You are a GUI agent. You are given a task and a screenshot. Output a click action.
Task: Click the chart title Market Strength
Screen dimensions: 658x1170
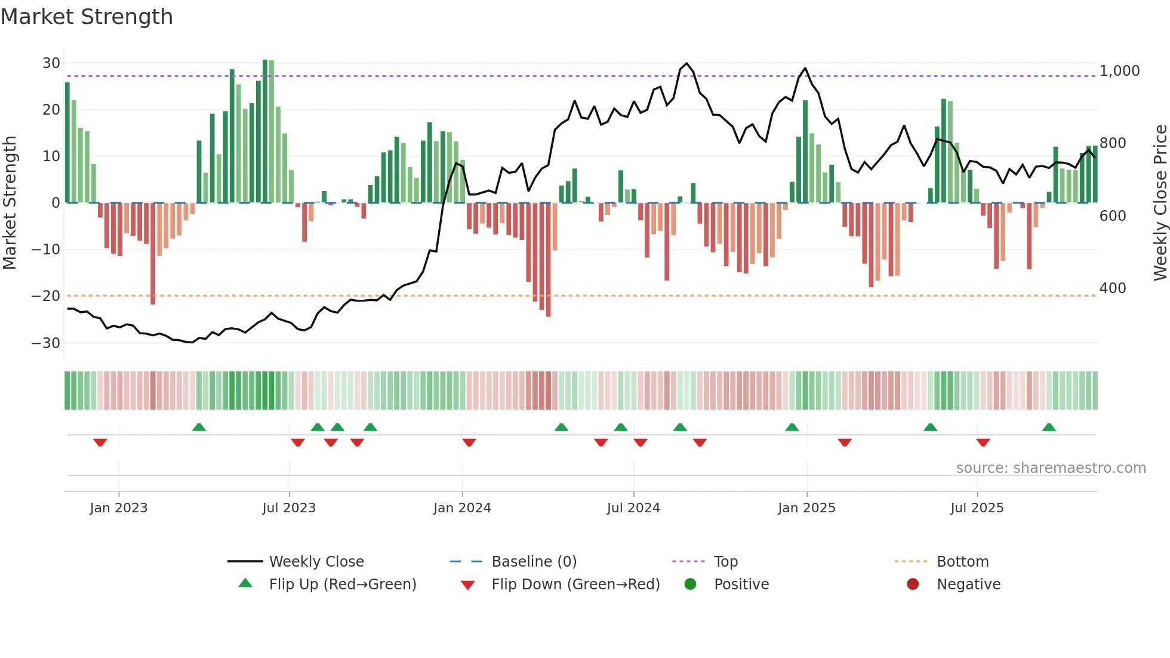coord(87,17)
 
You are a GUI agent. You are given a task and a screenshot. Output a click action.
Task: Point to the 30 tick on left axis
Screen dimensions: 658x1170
coord(51,63)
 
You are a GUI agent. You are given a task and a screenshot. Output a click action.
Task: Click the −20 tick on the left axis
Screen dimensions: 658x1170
coord(46,296)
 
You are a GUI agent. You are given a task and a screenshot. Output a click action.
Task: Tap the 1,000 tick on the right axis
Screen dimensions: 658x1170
coord(1119,71)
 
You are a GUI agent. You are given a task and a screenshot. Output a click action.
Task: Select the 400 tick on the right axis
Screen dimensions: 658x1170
coord(1113,288)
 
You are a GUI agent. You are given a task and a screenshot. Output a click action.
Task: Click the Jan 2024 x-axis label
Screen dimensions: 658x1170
coord(462,508)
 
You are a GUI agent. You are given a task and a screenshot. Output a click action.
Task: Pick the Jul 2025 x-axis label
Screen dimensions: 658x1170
coord(977,508)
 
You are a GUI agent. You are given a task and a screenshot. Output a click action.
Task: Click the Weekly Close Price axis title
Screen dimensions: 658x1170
coord(1160,203)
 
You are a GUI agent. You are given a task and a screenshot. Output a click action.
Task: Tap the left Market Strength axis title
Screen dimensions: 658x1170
coord(10,203)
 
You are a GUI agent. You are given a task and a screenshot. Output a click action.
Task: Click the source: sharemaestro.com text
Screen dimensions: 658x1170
coord(1051,468)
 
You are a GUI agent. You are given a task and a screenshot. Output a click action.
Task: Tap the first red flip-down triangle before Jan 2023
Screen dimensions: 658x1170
coord(100,442)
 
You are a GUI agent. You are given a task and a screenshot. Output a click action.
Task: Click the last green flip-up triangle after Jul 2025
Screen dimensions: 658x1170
coord(1049,427)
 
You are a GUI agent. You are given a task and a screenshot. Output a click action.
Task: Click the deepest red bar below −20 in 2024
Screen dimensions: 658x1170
coord(548,260)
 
